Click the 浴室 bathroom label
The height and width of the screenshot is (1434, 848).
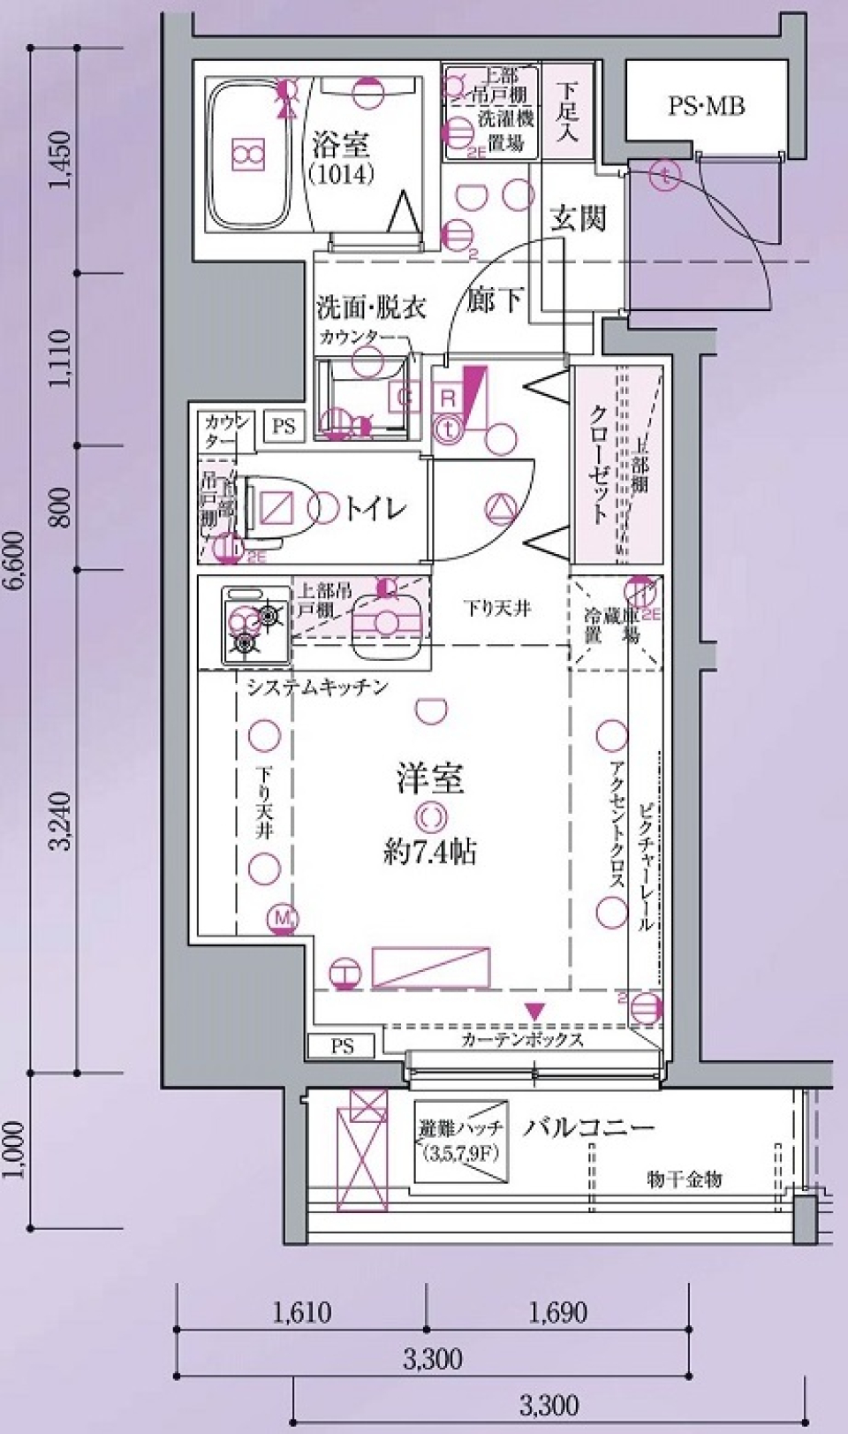[x=341, y=145]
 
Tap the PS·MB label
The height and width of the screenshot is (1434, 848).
[x=706, y=107]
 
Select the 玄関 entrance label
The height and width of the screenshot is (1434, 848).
[x=578, y=217]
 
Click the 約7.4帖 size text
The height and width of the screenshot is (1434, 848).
[x=430, y=852]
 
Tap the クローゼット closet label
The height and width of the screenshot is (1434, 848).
[x=598, y=464]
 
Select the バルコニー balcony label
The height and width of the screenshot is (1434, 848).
[x=588, y=1128]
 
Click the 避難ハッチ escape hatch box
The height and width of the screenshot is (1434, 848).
[x=461, y=1141]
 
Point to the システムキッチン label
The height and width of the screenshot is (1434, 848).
[x=317, y=687]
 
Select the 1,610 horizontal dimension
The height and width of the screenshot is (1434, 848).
[x=301, y=1312]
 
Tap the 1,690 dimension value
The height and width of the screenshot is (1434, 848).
[x=558, y=1312]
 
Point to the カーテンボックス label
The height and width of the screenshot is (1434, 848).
[x=522, y=1040]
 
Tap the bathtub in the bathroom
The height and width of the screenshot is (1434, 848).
[x=249, y=156]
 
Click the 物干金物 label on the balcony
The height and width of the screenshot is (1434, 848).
[x=685, y=1179]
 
